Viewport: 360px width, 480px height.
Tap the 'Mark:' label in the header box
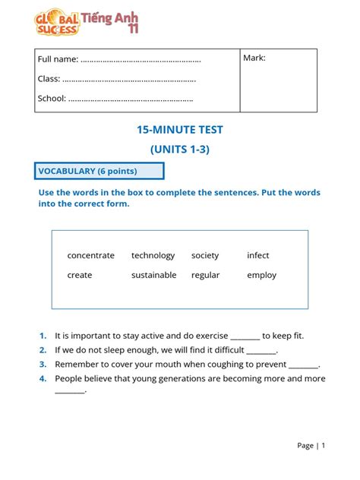point(254,58)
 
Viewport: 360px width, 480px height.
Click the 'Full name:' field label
point(58,59)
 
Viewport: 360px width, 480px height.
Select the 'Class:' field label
point(49,78)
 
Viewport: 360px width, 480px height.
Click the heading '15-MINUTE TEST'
point(179,130)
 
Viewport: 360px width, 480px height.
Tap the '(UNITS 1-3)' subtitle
point(179,149)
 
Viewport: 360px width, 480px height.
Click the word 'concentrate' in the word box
point(90,255)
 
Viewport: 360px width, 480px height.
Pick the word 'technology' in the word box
point(153,255)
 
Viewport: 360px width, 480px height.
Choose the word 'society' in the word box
point(205,255)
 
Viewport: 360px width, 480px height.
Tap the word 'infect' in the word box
point(258,255)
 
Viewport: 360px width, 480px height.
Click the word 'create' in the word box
point(79,275)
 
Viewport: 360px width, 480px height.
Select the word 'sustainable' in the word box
point(153,275)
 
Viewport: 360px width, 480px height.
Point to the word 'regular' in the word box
point(205,275)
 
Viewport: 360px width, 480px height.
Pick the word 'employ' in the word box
point(261,275)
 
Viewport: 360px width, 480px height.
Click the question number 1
point(43,335)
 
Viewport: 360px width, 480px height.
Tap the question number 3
point(43,364)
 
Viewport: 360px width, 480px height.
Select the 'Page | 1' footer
point(311,446)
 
